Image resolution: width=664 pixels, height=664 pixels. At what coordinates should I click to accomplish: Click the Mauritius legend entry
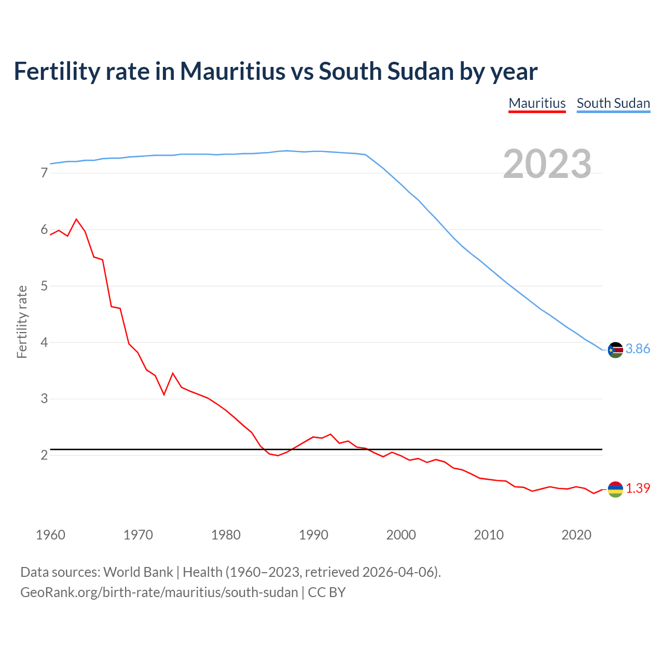pyautogui.click(x=537, y=103)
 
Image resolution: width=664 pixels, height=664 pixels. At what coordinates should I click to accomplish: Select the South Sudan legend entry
pyautogui.click(x=613, y=103)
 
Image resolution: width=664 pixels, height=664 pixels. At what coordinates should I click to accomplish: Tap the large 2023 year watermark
pyautogui.click(x=547, y=164)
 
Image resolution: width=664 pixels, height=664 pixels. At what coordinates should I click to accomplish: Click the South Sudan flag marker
pyautogui.click(x=615, y=350)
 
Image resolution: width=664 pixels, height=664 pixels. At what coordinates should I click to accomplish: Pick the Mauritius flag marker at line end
pyautogui.click(x=615, y=489)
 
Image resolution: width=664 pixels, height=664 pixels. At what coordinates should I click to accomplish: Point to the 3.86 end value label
pyautogui.click(x=638, y=349)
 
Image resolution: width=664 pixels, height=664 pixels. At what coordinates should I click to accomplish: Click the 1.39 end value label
pyautogui.click(x=638, y=489)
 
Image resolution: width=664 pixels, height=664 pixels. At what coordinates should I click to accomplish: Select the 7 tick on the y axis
pyautogui.click(x=44, y=173)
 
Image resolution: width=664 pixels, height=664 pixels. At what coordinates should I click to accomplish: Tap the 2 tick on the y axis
pyautogui.click(x=44, y=455)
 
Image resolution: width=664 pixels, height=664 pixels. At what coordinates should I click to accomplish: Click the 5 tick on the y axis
pyautogui.click(x=44, y=286)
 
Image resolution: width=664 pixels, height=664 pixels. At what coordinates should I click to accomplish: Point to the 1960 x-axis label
pyautogui.click(x=50, y=535)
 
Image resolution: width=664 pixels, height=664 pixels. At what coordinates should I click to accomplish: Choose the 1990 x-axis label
pyautogui.click(x=313, y=535)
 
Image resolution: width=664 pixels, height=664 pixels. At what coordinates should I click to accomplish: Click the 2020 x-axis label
pyautogui.click(x=576, y=535)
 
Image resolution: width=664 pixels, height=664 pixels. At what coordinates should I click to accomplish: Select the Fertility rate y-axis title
pyautogui.click(x=22, y=322)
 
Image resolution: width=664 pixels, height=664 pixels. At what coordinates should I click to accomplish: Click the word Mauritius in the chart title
pyautogui.click(x=232, y=72)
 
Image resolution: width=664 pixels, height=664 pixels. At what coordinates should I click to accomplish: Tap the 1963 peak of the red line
pyautogui.click(x=77, y=219)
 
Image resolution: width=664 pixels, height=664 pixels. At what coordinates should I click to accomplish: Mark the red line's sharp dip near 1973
pyautogui.click(x=164, y=394)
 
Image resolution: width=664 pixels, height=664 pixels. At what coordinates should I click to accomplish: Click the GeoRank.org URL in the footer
pyautogui.click(x=159, y=592)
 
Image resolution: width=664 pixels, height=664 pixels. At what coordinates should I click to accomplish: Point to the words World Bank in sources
pyautogui.click(x=138, y=572)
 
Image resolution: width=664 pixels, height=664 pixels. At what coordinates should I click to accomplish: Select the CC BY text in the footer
pyautogui.click(x=327, y=592)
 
